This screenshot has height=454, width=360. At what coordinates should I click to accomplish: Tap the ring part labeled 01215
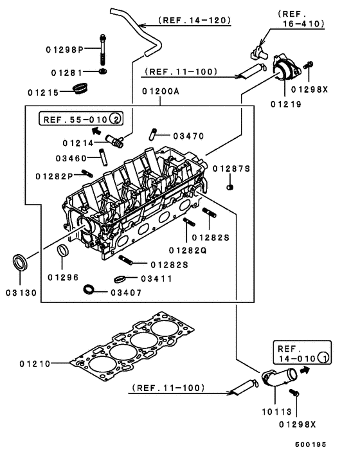tap(80, 87)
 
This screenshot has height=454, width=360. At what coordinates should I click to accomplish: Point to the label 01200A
tap(158, 92)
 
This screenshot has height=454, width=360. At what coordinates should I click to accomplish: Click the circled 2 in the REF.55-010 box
tap(114, 118)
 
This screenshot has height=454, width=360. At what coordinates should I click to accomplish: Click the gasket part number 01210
tap(35, 364)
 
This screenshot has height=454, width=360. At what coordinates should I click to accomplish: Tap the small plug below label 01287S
tap(231, 187)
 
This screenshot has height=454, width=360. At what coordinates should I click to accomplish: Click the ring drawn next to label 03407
tap(91, 288)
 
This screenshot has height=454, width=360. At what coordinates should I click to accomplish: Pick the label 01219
tap(285, 102)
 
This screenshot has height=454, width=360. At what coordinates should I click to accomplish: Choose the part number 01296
tap(63, 277)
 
